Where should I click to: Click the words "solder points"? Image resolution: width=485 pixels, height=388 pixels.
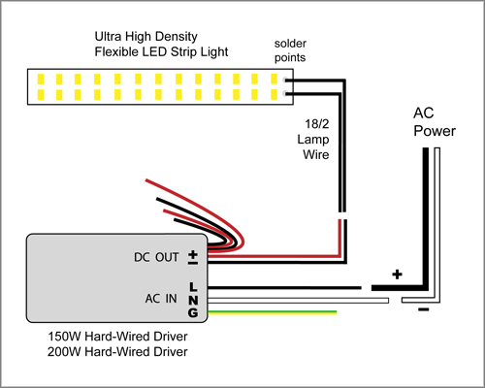click(x=290, y=50)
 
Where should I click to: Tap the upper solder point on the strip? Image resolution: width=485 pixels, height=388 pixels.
click(x=284, y=80)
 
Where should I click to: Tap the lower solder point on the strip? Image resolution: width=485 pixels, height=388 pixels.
click(x=284, y=94)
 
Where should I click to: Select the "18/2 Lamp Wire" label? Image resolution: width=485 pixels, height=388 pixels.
click(x=313, y=139)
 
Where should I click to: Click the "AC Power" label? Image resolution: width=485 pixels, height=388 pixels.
click(x=435, y=122)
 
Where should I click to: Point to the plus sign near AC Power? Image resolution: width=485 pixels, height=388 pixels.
click(x=397, y=275)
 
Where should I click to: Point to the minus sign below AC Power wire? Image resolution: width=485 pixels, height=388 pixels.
click(x=424, y=309)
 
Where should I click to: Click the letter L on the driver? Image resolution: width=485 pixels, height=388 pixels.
click(x=193, y=286)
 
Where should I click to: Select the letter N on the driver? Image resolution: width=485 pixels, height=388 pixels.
click(x=193, y=301)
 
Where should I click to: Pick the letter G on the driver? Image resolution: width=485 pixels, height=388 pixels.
click(x=193, y=312)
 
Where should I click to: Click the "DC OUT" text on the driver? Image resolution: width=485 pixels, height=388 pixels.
click(x=156, y=257)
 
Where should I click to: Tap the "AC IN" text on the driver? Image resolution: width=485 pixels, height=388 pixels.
click(x=161, y=299)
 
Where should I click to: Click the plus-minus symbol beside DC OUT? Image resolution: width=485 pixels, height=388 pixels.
click(x=193, y=258)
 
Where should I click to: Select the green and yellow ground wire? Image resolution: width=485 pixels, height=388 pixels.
click(x=272, y=312)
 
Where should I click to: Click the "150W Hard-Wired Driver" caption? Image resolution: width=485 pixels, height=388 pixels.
click(x=117, y=337)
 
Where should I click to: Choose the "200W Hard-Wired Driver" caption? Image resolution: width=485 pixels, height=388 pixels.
click(x=117, y=352)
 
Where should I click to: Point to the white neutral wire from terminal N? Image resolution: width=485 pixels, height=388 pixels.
click(x=298, y=301)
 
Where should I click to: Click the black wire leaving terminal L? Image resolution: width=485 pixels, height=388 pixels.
click(x=284, y=287)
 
